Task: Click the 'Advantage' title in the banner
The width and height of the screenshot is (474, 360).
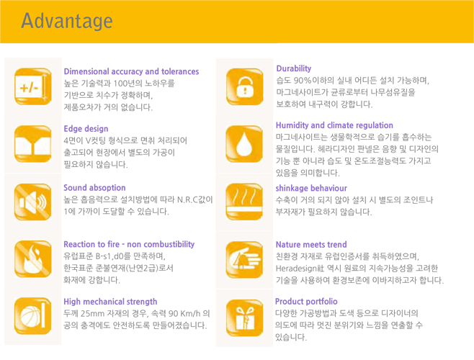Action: click(67, 21)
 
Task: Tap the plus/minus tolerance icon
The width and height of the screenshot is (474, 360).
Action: click(33, 86)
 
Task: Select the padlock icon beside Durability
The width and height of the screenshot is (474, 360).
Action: click(244, 86)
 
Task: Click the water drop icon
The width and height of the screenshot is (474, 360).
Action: click(244, 144)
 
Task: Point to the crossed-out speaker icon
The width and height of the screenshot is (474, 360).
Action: click(32, 202)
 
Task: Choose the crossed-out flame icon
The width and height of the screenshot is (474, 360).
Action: click(33, 258)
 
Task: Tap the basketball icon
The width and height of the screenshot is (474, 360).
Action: click(32, 316)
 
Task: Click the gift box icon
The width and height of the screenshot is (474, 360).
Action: click(244, 318)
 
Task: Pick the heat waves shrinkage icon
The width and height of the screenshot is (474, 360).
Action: click(244, 202)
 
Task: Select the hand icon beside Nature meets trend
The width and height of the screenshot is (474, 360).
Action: click(244, 260)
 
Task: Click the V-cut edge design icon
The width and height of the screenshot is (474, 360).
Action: click(32, 144)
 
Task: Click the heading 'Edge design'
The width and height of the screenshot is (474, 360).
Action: click(86, 129)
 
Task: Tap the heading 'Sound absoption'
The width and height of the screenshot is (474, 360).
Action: click(94, 188)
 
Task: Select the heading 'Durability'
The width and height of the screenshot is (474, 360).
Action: click(294, 68)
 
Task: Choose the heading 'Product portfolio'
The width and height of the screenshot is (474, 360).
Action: click(306, 302)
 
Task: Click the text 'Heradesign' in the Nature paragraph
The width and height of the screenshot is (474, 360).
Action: click(292, 269)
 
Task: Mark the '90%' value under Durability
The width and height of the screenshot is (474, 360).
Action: click(303, 81)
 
